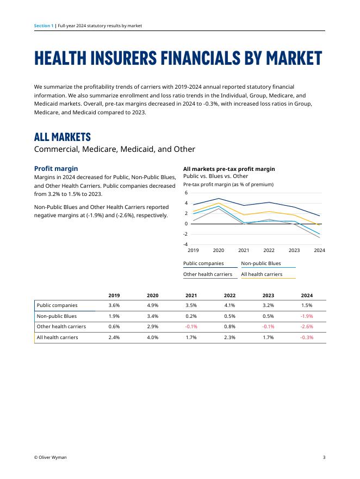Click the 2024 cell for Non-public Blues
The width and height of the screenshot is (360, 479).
click(307, 316)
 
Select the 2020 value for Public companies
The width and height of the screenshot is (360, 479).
click(152, 305)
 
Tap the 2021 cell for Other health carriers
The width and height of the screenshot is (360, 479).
click(191, 327)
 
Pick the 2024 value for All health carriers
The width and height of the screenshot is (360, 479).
click(307, 337)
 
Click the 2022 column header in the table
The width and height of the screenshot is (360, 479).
click(229, 295)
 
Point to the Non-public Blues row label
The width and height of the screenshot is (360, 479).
click(57, 316)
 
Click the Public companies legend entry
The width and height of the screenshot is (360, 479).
click(203, 263)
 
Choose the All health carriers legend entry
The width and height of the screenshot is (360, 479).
click(262, 274)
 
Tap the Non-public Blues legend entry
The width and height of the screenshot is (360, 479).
click(261, 263)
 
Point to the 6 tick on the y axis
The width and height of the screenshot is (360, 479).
click(186, 193)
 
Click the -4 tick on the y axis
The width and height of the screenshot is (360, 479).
click(185, 244)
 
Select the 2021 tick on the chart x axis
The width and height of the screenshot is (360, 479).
click(244, 250)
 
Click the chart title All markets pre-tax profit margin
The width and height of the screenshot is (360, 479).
click(229, 169)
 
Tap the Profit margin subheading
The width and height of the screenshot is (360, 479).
click(56, 169)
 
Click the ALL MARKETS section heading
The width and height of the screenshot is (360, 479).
click(63, 137)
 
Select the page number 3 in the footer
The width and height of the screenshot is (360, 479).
click(324, 458)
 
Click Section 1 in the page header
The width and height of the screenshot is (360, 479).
click(44, 26)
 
